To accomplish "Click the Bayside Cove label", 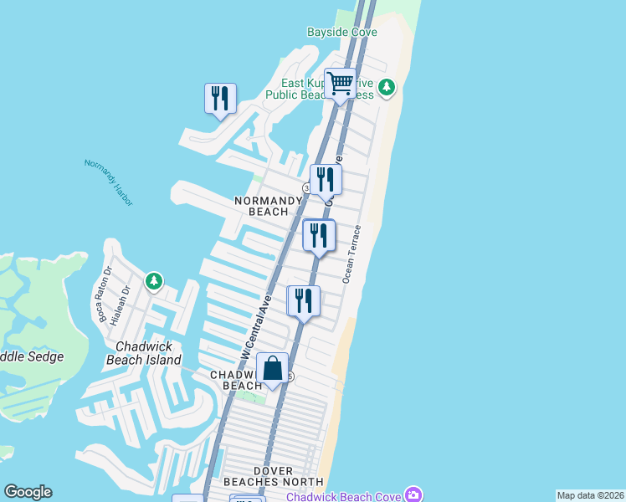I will coord(342,33).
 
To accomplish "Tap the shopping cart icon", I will coord(340,84).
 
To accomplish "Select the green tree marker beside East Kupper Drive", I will coord(386,87).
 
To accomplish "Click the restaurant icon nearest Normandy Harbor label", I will coord(220,98).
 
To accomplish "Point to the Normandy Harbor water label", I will coord(109,182).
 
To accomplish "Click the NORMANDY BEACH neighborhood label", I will coord(268,206).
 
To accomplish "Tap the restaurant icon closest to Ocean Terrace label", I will coord(318,235).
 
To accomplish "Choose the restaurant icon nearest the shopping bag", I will coord(303,301).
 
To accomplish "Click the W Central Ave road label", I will coord(256,327).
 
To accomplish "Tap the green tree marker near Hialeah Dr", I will coord(153,281).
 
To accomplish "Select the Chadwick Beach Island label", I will coord(144,353).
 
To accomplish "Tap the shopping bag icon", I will coord(273,368).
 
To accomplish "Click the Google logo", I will coord(28,493).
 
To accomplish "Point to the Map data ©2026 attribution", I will coord(590,495).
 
